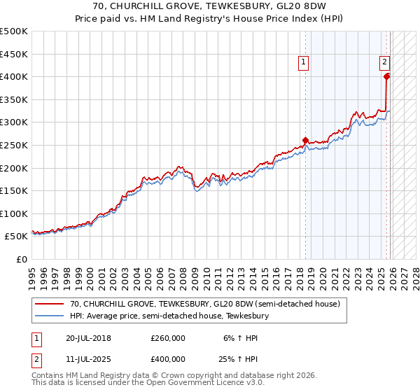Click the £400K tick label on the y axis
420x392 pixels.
click(14, 76)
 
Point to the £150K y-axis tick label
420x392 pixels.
click(14, 190)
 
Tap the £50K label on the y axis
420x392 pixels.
click(17, 237)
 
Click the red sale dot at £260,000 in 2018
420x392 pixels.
click(305, 140)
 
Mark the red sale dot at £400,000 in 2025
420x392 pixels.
click(387, 76)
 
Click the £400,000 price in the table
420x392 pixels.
click(167, 358)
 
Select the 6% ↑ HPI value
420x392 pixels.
click(240, 337)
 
